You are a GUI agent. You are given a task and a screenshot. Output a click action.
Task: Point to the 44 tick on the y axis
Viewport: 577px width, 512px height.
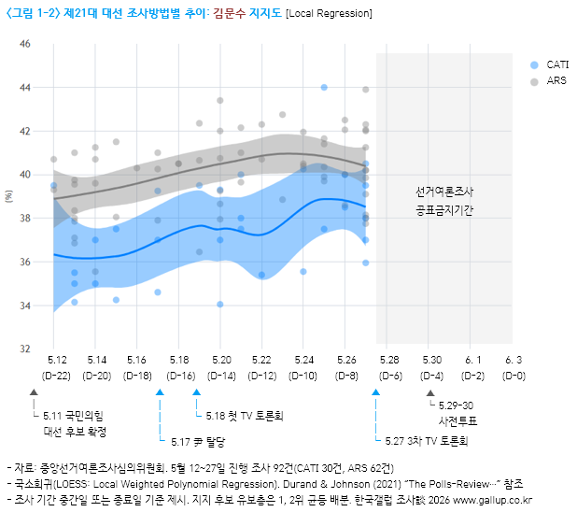tap(25, 88)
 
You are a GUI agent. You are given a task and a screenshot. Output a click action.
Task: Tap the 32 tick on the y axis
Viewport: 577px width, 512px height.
tap(25, 349)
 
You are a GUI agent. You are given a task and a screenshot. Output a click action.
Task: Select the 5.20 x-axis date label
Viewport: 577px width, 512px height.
tap(221, 360)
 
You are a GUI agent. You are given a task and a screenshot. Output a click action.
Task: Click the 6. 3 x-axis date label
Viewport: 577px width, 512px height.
tap(514, 360)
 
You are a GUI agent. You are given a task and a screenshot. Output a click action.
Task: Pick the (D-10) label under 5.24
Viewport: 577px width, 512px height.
tap(303, 376)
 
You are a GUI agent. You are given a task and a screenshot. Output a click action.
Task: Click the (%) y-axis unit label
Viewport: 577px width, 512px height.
tap(10, 196)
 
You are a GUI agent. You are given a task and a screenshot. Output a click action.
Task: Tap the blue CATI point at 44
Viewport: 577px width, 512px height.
tap(324, 87)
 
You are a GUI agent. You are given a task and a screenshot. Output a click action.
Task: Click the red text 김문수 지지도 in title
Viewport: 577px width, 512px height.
tap(244, 13)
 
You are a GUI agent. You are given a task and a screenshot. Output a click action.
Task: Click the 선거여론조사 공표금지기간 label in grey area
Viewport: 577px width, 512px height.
tap(444, 201)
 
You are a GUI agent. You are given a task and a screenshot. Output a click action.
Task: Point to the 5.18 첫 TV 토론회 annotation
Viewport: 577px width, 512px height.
tap(244, 415)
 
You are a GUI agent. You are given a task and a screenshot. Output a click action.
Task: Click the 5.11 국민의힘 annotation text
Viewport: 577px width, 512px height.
tap(75, 415)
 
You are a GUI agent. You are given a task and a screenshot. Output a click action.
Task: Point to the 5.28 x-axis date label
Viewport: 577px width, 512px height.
tap(389, 360)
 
